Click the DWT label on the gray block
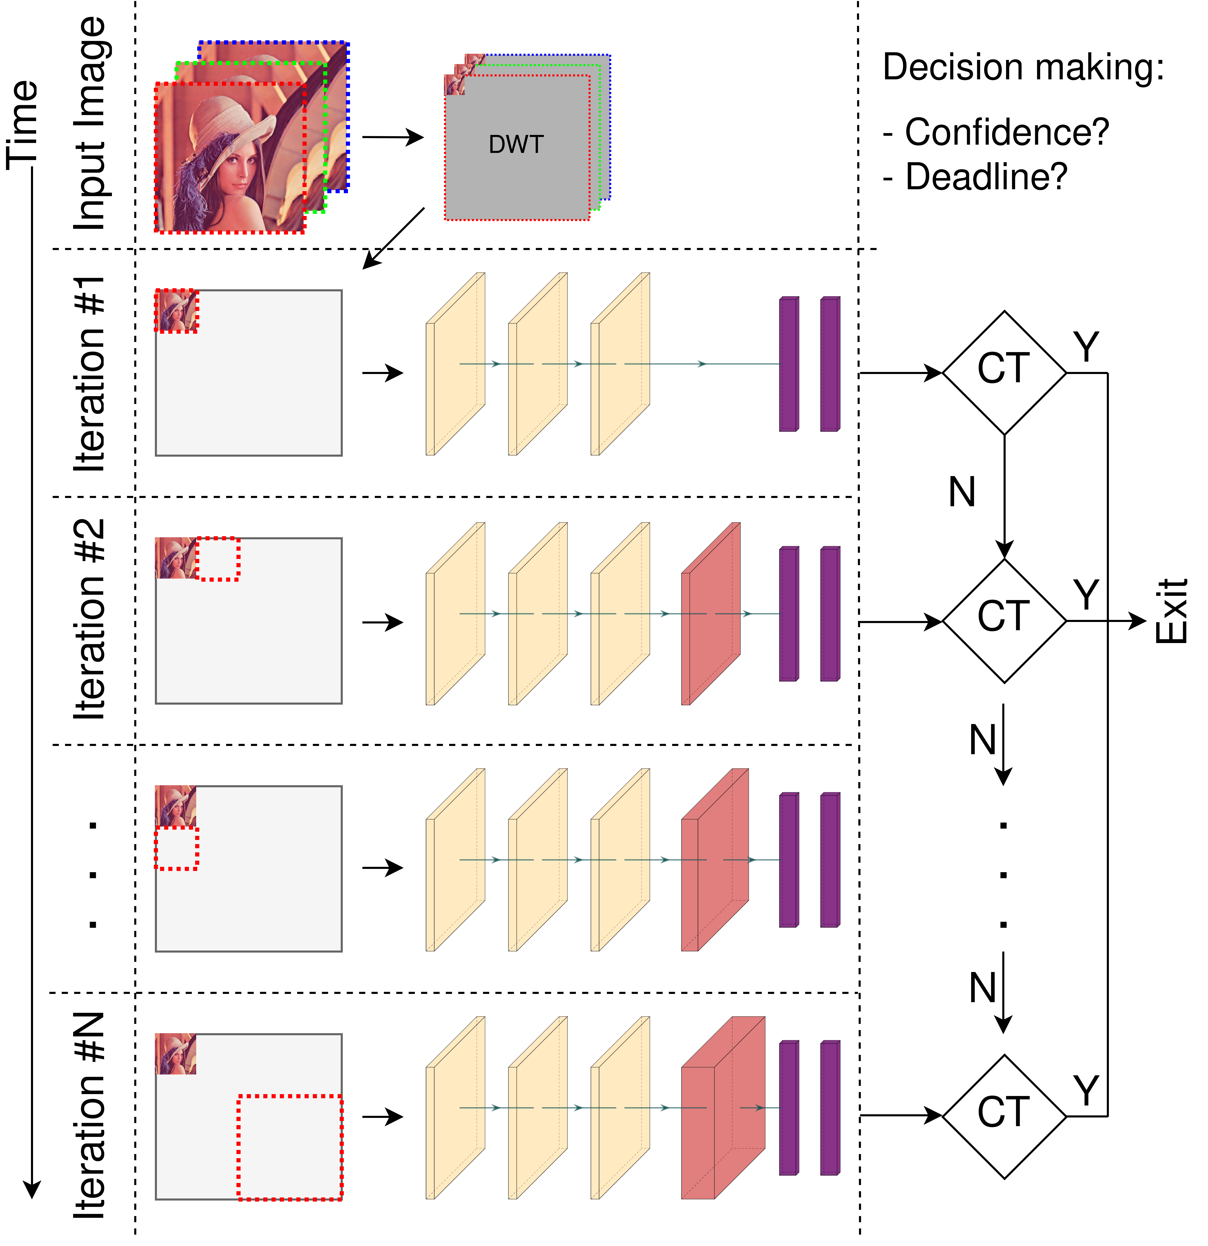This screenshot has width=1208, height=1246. (x=516, y=145)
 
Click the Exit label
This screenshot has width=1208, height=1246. (x=1171, y=612)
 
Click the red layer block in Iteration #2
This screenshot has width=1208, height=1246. (x=710, y=614)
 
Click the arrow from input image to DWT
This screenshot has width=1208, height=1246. (x=393, y=137)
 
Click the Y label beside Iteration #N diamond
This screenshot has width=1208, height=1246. (x=1087, y=1091)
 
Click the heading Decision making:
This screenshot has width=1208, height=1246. (x=1023, y=67)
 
